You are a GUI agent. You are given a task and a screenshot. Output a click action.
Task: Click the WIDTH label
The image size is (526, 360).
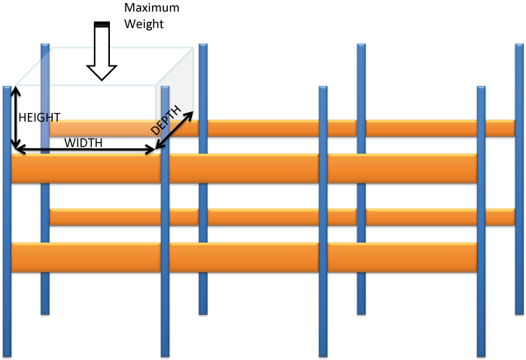point(84,142)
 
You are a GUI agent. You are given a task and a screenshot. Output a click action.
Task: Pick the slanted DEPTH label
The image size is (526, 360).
point(166,121)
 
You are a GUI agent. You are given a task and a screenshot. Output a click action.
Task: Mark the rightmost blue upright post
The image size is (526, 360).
point(519,188)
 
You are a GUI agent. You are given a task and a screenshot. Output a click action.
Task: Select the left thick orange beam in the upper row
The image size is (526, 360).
point(87,169)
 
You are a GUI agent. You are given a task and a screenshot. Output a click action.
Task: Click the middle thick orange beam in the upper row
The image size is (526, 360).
point(244,169)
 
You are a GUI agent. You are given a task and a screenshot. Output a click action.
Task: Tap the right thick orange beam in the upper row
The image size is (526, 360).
point(403,169)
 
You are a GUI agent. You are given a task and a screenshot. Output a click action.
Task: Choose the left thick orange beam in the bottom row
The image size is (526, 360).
point(87,258)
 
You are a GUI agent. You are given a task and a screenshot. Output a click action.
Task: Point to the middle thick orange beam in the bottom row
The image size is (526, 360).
point(244,258)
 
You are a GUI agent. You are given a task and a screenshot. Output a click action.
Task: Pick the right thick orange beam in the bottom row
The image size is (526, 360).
point(403,258)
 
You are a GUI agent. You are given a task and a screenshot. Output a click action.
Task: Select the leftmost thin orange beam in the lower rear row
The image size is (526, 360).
point(105,218)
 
